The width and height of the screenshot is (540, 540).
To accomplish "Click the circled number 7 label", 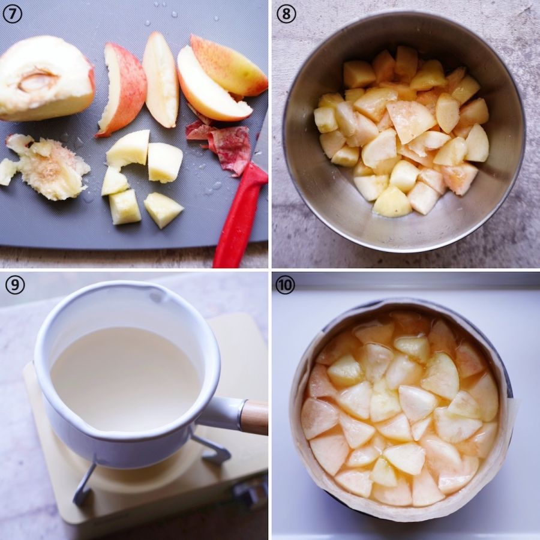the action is coord(13,14).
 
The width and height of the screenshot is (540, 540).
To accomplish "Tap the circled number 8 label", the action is coord(286,14).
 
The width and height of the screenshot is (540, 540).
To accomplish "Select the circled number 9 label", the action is coord(15,285).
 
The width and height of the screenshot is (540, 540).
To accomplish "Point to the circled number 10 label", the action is coord(285,285).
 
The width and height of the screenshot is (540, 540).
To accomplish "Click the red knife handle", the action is coord(240,214).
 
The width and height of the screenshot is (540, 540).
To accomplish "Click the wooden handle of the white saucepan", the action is coord(255,417).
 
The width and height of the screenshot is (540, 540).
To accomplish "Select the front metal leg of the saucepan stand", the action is coord(85,482).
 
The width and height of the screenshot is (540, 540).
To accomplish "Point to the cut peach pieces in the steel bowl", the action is coord(401,133).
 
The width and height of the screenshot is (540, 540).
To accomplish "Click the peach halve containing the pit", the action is coord(46,79).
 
